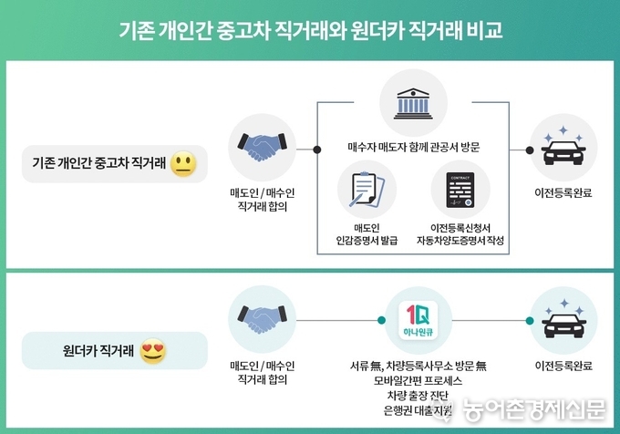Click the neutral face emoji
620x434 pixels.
(183, 163)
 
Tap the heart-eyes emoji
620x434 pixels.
(153, 351)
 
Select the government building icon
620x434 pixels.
(413, 104)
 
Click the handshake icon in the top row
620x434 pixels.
(263, 146)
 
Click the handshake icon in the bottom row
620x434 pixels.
(263, 318)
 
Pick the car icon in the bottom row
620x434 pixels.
(563, 318)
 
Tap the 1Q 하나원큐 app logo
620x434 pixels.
(418, 321)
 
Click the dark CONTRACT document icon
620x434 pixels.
(460, 191)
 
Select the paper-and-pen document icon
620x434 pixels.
(367, 190)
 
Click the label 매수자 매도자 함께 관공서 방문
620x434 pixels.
(414, 147)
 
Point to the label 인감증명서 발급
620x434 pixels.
(367, 241)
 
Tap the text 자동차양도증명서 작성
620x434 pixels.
(460, 241)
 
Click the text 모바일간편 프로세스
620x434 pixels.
(418, 380)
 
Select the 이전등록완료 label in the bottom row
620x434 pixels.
(563, 366)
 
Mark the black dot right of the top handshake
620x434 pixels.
(316, 150)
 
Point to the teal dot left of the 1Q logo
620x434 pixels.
(381, 320)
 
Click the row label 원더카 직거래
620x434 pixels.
(98, 351)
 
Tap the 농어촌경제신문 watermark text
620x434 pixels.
(533, 409)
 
